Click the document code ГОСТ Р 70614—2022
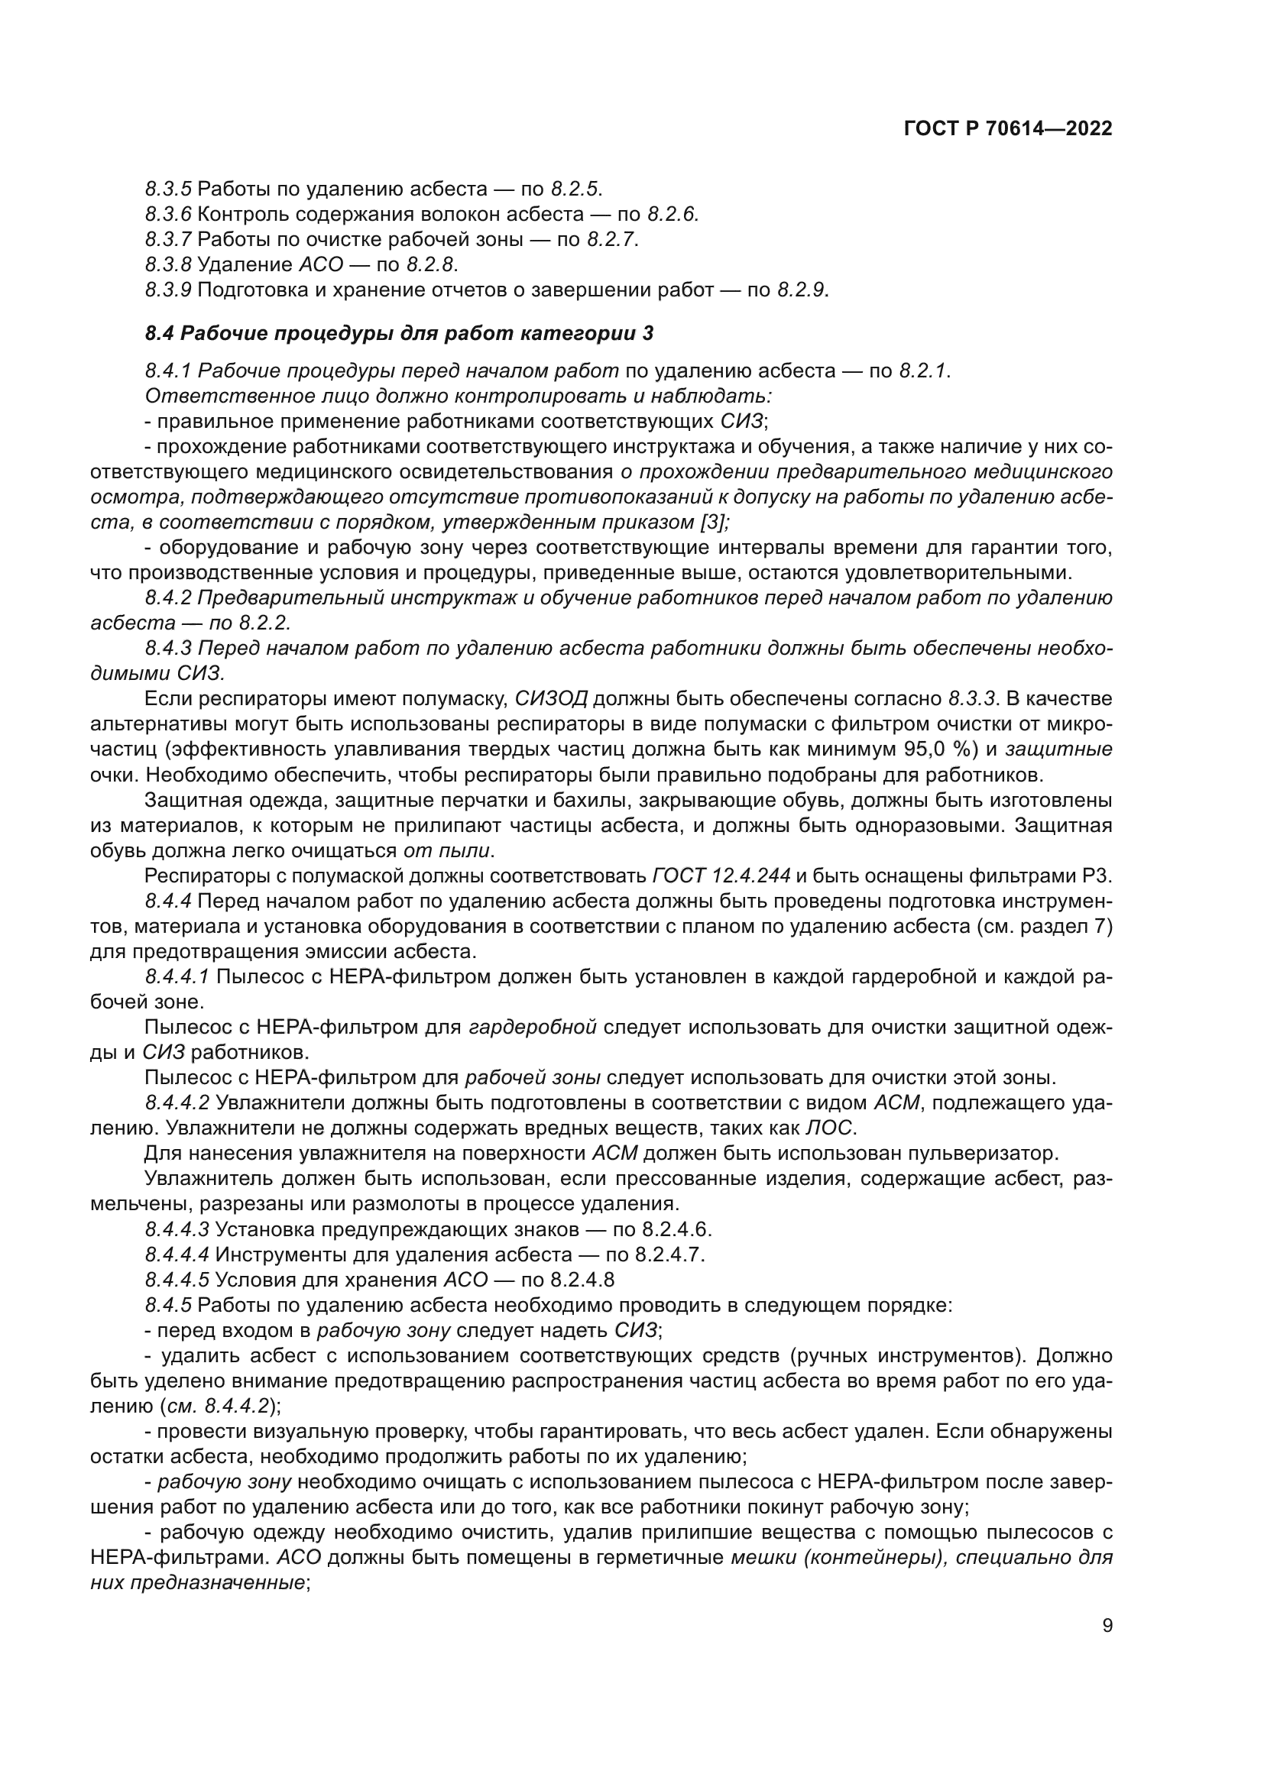click(x=1008, y=129)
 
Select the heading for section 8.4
click(x=399, y=334)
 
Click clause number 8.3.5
click(x=168, y=189)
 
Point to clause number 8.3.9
click(x=168, y=290)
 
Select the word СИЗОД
click(x=551, y=698)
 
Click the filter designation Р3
click(x=1096, y=876)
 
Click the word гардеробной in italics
click(x=533, y=1028)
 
